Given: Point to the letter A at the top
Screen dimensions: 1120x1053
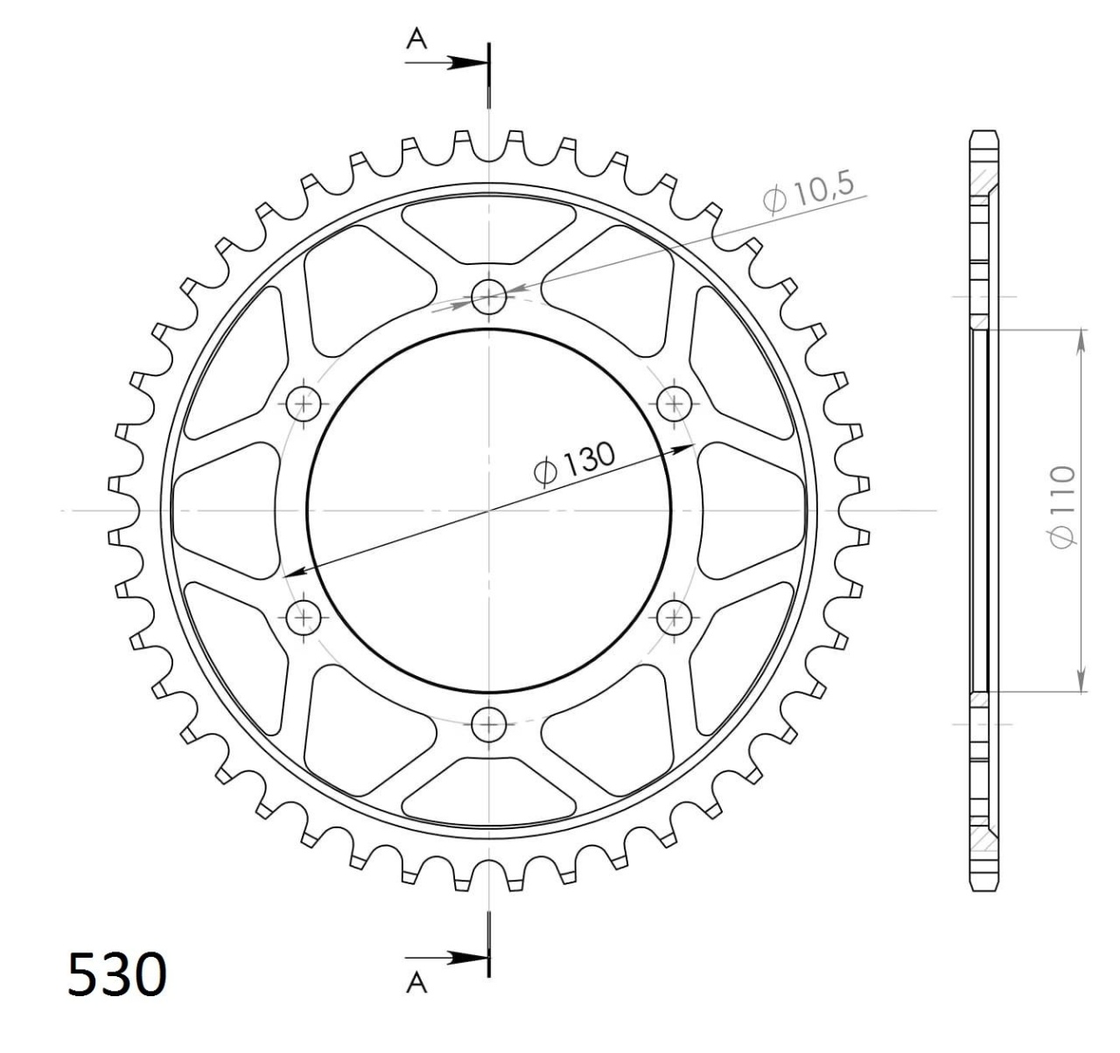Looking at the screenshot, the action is [x=416, y=38].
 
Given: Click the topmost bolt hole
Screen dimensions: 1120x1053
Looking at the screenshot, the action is [x=489, y=296].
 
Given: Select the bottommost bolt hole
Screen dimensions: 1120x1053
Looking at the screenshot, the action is [x=489, y=724].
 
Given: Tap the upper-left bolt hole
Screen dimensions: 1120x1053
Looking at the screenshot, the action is [x=304, y=403].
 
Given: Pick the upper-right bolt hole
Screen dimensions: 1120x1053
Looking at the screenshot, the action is [x=675, y=403].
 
